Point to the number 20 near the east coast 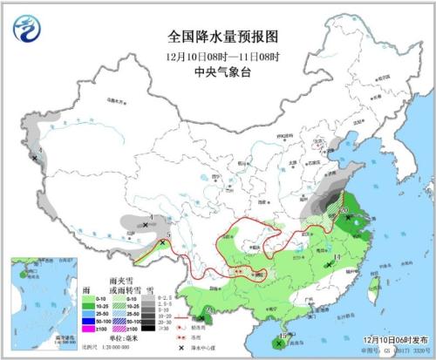(345, 210)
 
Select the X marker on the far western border (35, 158)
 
